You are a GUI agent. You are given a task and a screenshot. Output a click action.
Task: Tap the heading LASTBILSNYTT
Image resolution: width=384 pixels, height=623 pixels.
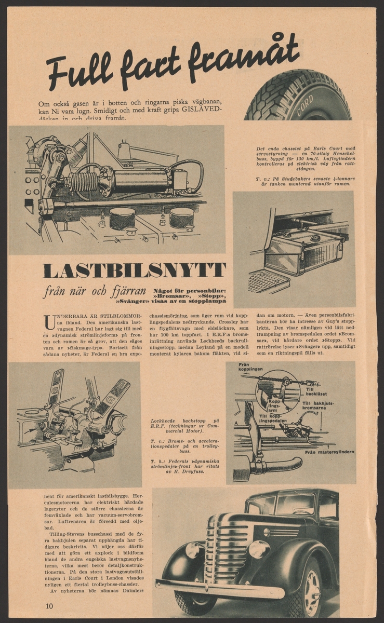134,270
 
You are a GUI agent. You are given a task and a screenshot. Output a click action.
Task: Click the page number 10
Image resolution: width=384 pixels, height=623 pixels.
49,606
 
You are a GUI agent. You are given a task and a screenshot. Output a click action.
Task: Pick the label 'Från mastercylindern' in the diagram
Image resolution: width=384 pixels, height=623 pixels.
329,452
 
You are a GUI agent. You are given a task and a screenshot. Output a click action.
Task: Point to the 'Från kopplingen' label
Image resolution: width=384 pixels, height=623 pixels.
250,368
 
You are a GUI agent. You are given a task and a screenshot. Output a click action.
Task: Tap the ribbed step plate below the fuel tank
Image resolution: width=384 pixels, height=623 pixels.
268,281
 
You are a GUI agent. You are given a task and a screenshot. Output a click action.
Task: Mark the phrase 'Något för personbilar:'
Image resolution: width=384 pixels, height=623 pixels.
190,290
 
